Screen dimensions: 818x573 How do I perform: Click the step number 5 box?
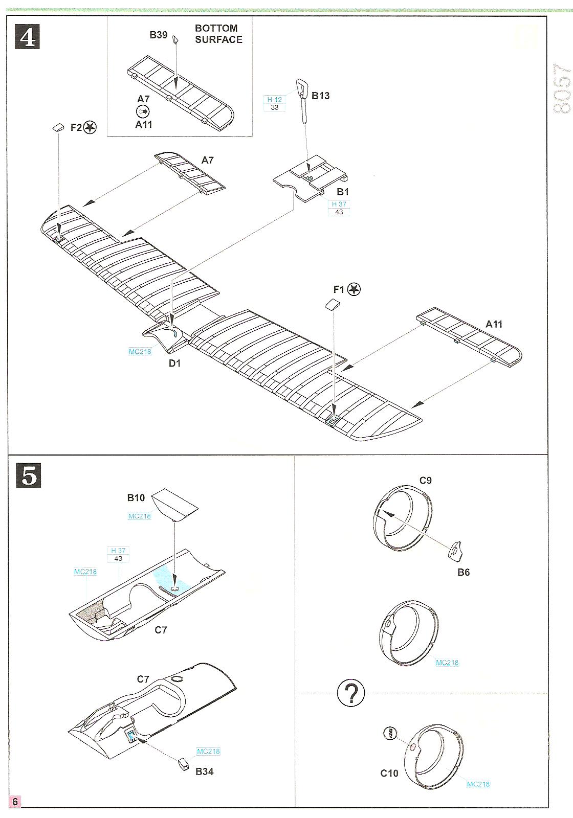(29, 475)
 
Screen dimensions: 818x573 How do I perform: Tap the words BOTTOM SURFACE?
(218, 34)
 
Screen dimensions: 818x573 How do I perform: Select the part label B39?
(159, 35)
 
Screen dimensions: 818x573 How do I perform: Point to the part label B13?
(321, 96)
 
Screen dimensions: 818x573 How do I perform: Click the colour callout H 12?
(275, 100)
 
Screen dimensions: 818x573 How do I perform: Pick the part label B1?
(343, 192)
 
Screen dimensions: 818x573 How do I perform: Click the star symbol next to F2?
(90, 127)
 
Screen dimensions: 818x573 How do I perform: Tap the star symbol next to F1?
(354, 289)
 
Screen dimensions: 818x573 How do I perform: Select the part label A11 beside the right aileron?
(494, 324)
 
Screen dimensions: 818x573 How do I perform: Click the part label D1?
(175, 363)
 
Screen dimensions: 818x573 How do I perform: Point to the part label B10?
(136, 497)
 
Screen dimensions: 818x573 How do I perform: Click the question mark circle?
(351, 694)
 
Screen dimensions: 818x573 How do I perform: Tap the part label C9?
(426, 480)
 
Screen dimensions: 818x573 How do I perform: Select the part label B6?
(464, 572)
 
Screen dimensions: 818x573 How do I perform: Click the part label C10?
(389, 773)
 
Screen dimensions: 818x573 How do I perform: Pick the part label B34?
(205, 771)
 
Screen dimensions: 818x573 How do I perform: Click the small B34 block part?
(183, 764)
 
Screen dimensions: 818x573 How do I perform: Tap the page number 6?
(15, 801)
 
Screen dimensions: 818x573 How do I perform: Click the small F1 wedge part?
(333, 305)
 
